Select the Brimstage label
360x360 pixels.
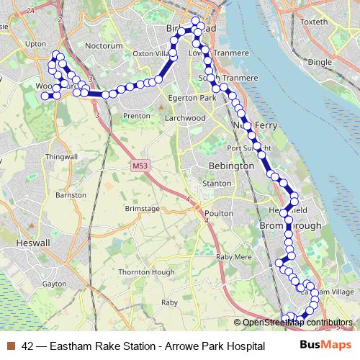pyautogui.click(x=141, y=207)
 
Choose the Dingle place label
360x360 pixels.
pyautogui.click(x=320, y=63)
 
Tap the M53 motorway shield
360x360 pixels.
pyautogui.click(x=140, y=166)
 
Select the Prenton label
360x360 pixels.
pyautogui.click(x=137, y=115)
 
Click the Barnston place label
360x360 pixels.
pyautogui.click(x=71, y=195)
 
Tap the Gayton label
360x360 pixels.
pyautogui.click(x=54, y=284)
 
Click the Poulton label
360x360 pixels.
pyautogui.click(x=219, y=213)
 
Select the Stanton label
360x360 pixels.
pyautogui.click(x=217, y=184)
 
